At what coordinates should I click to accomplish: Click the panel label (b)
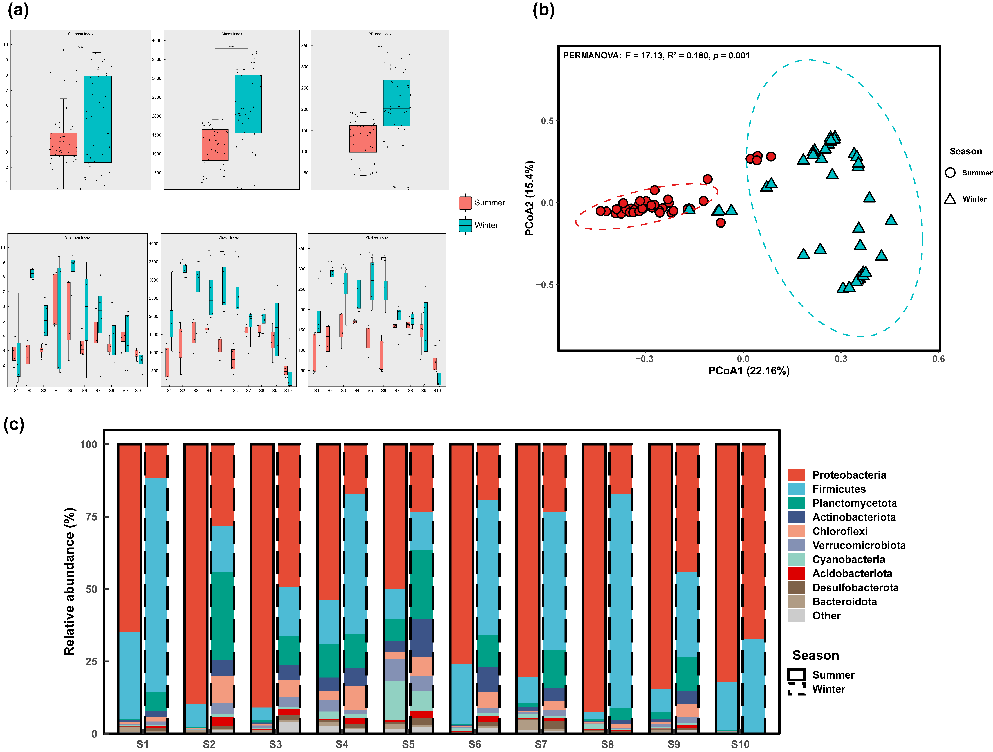point(543,10)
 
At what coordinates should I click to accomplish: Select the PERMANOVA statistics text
point(656,56)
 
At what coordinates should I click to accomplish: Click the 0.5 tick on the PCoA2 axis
point(547,121)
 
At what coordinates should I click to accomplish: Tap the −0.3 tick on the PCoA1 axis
point(644,359)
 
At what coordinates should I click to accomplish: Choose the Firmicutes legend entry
point(839,489)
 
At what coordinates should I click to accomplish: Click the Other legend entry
point(826,616)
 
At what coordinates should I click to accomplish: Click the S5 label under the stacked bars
point(408,744)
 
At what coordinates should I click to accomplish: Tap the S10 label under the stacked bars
point(740,744)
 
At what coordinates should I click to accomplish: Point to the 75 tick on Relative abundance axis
point(91,517)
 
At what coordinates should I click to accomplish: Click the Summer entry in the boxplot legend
point(489,203)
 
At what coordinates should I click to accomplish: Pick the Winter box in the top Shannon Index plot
point(97,119)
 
